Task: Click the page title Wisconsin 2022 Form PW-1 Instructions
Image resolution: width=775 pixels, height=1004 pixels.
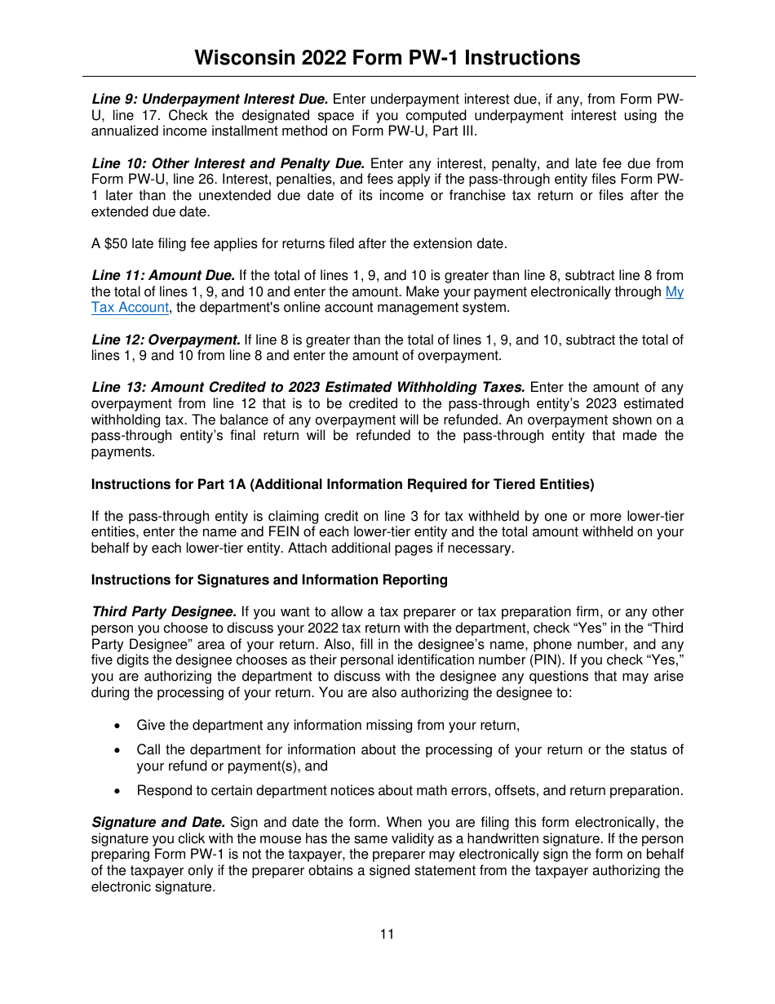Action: (x=387, y=58)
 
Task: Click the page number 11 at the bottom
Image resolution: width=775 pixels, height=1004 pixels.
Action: (x=387, y=934)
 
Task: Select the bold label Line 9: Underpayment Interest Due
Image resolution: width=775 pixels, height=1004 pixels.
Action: (x=210, y=100)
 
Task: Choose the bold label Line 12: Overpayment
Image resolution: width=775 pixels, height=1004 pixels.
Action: (x=166, y=340)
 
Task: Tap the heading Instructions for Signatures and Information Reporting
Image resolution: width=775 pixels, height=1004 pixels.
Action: (x=269, y=580)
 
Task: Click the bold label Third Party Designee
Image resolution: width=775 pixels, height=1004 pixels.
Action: (x=164, y=611)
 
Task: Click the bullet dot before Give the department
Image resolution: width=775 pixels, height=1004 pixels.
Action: (x=119, y=726)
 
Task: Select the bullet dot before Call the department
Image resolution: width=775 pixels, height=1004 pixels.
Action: (x=119, y=750)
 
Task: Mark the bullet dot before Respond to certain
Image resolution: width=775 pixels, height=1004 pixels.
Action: (x=119, y=791)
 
